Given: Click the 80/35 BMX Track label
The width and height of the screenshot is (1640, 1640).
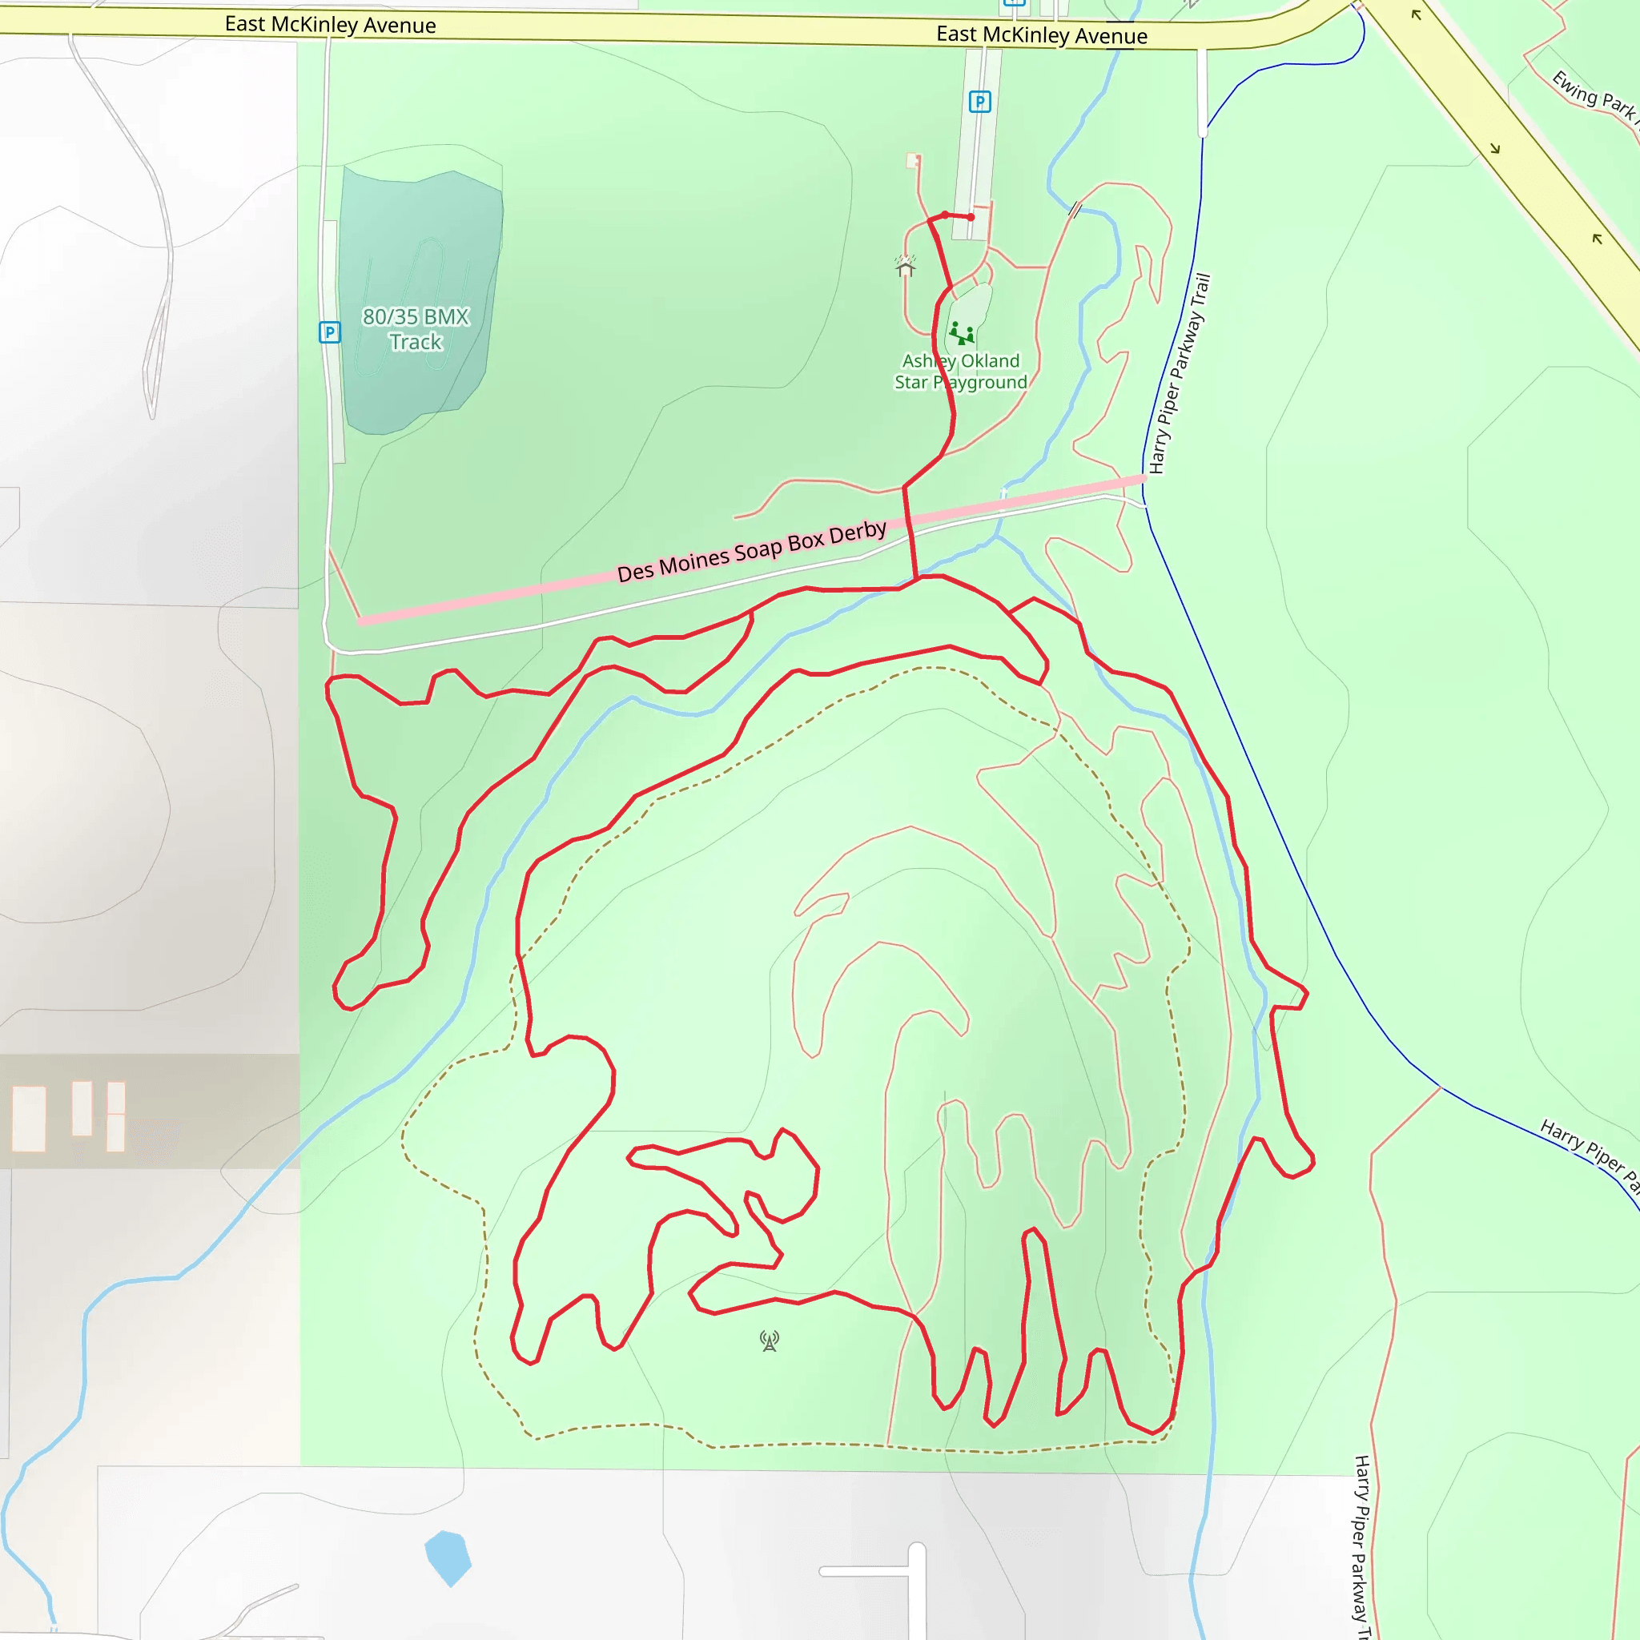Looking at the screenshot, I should click(x=415, y=329).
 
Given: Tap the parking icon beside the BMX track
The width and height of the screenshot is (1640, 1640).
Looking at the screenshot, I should click(x=329, y=332).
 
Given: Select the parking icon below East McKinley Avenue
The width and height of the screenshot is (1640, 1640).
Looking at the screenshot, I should click(x=979, y=102).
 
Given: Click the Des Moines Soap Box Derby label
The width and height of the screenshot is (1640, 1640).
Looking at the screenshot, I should click(x=751, y=551).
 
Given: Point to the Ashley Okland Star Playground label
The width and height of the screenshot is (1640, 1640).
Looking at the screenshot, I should click(x=960, y=372).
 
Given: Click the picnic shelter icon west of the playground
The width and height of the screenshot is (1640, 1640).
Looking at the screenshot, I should click(x=905, y=267).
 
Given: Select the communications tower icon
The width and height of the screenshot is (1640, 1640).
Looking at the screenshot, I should click(x=769, y=1341).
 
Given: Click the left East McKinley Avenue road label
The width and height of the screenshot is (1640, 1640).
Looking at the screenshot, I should click(x=330, y=25).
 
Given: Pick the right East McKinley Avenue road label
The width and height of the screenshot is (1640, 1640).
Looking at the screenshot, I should click(x=1042, y=34).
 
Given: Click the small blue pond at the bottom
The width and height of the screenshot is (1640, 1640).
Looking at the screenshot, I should click(x=448, y=1557).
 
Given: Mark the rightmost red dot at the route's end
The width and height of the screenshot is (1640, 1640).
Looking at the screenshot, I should click(x=971, y=217).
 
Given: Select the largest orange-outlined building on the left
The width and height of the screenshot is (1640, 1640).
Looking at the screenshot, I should click(x=29, y=1119).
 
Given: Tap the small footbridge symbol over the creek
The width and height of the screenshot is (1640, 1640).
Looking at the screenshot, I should click(x=1075, y=209).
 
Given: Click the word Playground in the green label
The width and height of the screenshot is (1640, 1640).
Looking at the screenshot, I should click(x=979, y=383).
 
